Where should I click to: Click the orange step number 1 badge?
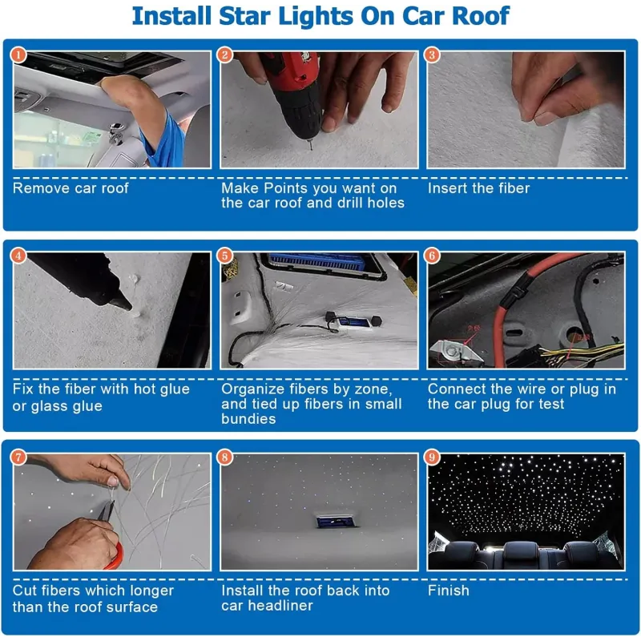click(x=18, y=54)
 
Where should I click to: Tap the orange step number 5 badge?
click(x=225, y=256)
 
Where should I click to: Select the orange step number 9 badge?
click(x=432, y=457)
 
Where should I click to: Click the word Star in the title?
click(x=244, y=16)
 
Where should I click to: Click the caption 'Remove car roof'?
click(x=71, y=188)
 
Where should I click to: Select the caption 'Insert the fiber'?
click(x=478, y=188)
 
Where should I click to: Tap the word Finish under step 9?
click(x=449, y=591)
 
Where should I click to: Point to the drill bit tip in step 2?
click(x=312, y=149)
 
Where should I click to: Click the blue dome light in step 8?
click(x=335, y=522)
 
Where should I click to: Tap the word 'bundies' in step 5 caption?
click(x=248, y=419)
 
